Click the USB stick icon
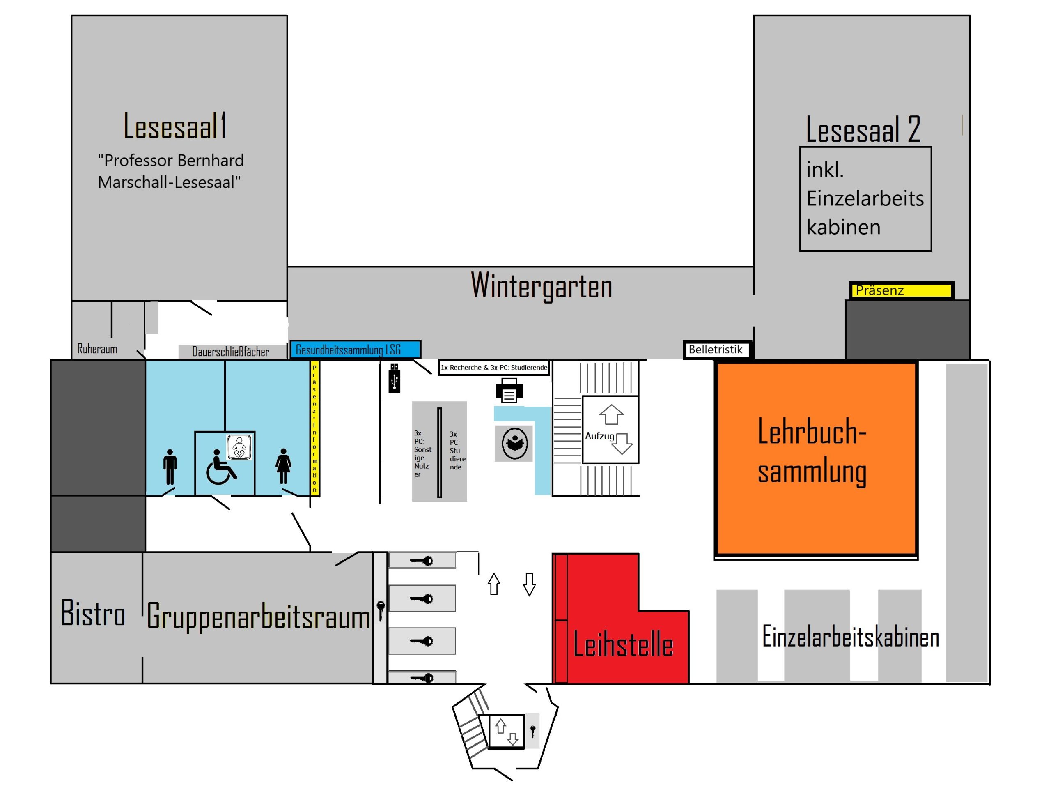click(395, 378)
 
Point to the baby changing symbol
click(239, 447)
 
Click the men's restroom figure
click(170, 466)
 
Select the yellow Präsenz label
click(901, 290)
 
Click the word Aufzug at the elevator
click(600, 436)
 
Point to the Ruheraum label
click(97, 349)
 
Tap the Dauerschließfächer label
click(230, 352)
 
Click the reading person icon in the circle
click(514, 443)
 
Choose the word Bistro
click(93, 613)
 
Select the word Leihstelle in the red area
click(623, 645)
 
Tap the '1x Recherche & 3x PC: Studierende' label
click(493, 367)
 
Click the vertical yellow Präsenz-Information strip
click(314, 428)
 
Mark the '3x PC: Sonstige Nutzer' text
click(422, 453)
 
